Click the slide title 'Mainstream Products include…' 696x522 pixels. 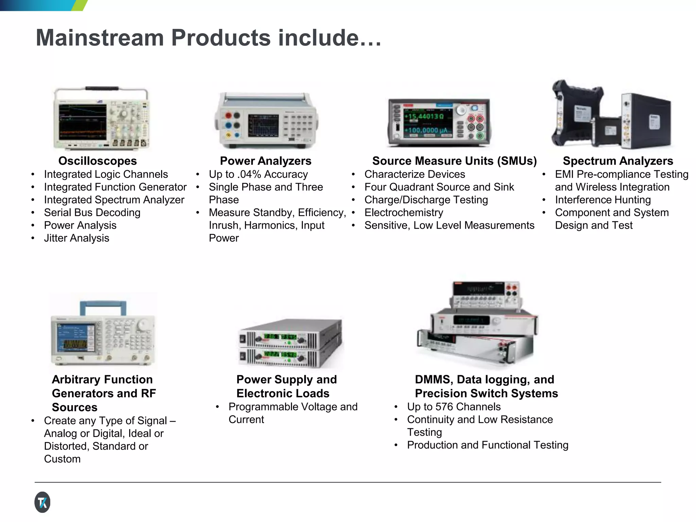pos(208,37)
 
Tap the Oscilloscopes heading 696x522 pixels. pos(98,161)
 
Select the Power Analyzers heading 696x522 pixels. pos(265,161)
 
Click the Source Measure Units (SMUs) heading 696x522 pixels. pos(454,161)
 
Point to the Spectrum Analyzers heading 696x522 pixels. pos(617,161)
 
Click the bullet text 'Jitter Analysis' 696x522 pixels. pos(76,238)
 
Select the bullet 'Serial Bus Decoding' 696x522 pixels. pos(92,212)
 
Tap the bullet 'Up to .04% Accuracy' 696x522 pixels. pos(258,174)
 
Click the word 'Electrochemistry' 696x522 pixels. pos(404,212)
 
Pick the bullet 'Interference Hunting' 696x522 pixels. pos(603,199)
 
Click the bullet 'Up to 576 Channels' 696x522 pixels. pos(454,406)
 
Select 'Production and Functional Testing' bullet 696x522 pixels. pos(487,445)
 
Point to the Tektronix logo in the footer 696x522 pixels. pos(42,502)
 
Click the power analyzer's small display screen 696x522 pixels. pos(263,125)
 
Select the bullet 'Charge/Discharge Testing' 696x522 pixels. pos(426,199)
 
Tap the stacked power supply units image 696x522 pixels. pos(291,343)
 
